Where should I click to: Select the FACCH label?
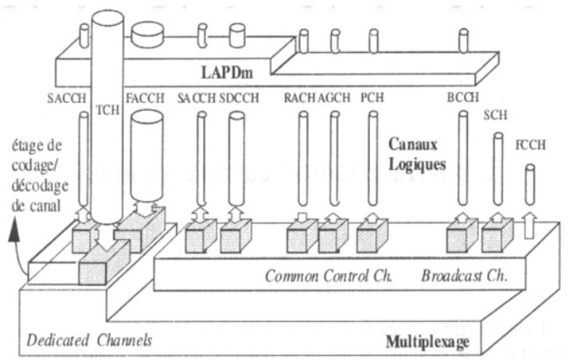tap(146, 99)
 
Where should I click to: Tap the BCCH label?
tap(463, 99)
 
